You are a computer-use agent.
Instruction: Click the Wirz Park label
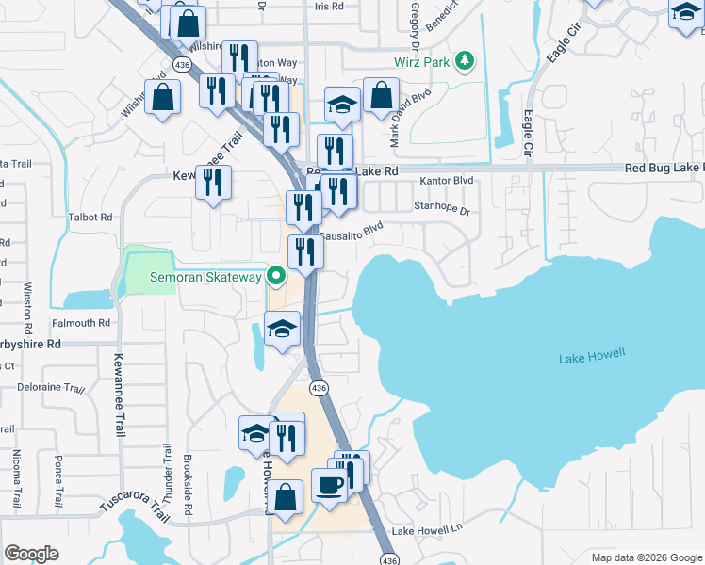[421, 63]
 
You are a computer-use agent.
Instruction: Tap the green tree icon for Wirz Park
[464, 62]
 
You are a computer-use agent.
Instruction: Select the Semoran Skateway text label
[206, 277]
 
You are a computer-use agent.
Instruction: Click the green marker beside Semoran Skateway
[276, 277]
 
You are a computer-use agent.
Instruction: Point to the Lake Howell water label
[592, 357]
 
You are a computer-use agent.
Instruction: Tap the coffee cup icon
[329, 485]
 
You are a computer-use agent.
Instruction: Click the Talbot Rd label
[90, 217]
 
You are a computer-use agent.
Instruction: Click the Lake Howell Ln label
[428, 531]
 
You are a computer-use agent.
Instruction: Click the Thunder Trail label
[166, 471]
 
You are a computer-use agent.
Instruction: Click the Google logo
[32, 554]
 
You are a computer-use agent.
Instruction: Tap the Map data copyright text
[647, 557]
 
